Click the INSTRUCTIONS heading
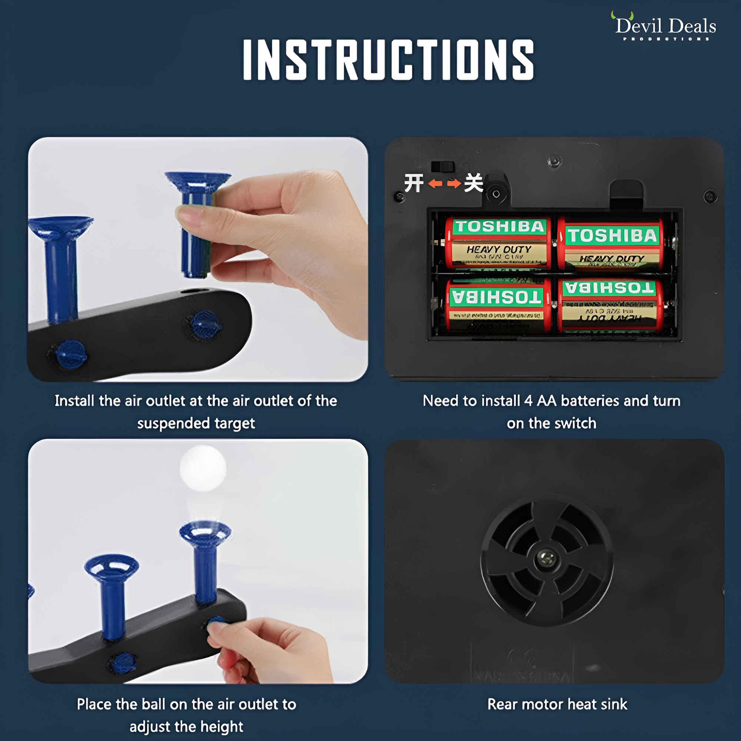coord(388,60)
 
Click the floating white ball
coord(203,468)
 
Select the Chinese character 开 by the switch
coord(414,183)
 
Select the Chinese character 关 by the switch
coord(473,183)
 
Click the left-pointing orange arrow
coord(435,184)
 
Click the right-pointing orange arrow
coord(454,184)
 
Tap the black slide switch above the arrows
coord(443,167)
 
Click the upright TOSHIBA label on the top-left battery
coord(500,227)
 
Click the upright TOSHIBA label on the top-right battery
coord(612,236)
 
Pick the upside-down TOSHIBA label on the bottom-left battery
coord(497,298)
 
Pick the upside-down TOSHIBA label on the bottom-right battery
coord(609,288)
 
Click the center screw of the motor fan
coord(547,558)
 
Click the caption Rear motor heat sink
coord(557,704)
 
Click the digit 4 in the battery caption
coord(528,401)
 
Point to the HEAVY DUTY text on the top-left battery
coord(499,249)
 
